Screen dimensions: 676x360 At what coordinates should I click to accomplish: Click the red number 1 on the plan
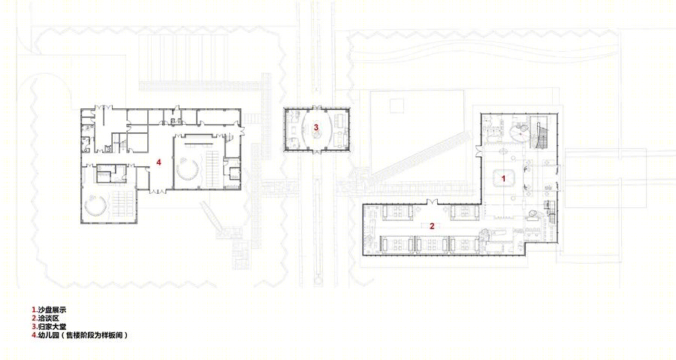(502, 177)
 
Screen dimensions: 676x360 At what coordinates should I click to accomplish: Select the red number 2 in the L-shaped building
(432, 225)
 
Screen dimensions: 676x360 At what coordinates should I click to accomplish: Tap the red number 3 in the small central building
(316, 127)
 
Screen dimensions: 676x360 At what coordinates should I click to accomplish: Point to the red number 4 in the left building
(158, 162)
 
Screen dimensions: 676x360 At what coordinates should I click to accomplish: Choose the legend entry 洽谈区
(48, 318)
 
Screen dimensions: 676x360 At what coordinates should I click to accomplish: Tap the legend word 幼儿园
(48, 334)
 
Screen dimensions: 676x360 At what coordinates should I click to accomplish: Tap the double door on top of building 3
(316, 107)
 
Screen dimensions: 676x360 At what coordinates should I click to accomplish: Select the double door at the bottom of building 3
(316, 151)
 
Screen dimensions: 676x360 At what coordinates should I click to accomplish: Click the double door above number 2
(433, 201)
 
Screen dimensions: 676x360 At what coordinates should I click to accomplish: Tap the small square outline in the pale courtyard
(396, 106)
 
